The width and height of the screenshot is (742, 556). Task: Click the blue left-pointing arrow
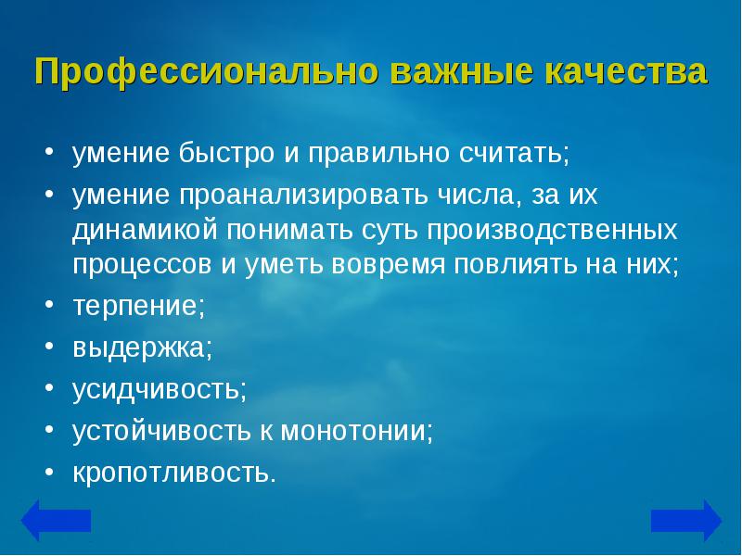pos(56,520)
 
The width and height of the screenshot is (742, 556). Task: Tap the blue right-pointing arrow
pos(686,520)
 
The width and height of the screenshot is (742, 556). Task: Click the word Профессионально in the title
pos(207,72)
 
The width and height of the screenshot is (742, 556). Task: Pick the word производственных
pos(552,230)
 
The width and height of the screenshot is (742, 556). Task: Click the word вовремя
pos(388,264)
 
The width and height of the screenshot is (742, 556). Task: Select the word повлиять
pos(516,264)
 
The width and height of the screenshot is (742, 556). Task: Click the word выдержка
pos(139,348)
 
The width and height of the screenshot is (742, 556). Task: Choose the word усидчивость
pos(156,389)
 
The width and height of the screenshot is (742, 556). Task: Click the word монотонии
pos(352,431)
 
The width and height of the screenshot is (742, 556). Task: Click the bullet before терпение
pos(50,304)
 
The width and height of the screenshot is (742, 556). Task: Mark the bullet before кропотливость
pos(50,471)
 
